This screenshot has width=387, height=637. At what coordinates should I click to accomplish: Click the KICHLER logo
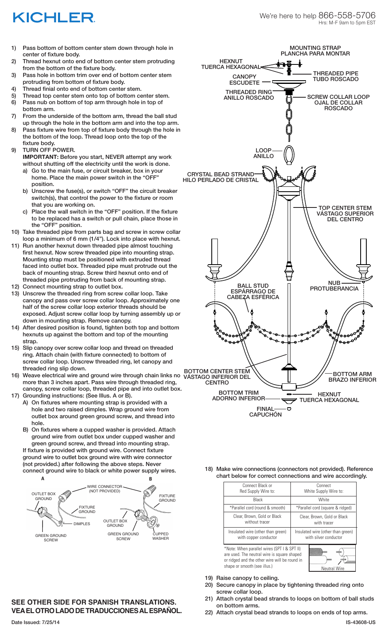(x=54, y=17)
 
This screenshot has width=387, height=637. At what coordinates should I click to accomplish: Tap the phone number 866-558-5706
(x=347, y=15)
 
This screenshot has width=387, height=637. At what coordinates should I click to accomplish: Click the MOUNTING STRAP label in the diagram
(x=315, y=48)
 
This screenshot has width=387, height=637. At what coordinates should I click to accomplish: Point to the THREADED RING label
(x=248, y=92)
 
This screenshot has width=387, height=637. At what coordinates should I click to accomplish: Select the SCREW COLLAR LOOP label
(x=338, y=97)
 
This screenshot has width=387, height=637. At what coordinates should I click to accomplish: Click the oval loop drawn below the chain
(x=289, y=154)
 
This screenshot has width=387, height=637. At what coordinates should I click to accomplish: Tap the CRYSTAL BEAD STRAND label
(x=220, y=174)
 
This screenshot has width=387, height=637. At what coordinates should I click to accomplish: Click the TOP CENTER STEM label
(x=345, y=208)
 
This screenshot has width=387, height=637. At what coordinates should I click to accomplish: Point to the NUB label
(x=334, y=283)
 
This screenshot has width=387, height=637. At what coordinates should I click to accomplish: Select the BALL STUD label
(x=253, y=286)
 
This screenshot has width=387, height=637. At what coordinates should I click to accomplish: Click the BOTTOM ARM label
(x=352, y=374)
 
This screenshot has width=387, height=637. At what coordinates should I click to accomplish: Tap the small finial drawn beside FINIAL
(x=289, y=409)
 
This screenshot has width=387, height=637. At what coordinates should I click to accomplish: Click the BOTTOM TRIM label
(x=238, y=393)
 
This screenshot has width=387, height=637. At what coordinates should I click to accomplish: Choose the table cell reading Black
(x=258, y=500)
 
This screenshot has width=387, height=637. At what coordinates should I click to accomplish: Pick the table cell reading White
(x=323, y=500)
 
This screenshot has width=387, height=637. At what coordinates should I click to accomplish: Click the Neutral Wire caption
(x=332, y=568)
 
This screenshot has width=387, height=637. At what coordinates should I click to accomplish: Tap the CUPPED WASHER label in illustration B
(x=160, y=536)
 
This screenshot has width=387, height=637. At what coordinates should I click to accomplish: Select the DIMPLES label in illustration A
(x=82, y=524)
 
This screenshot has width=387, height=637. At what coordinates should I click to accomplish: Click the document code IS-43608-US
(x=360, y=622)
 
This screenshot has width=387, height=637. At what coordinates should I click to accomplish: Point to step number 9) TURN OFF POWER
(x=48, y=150)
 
